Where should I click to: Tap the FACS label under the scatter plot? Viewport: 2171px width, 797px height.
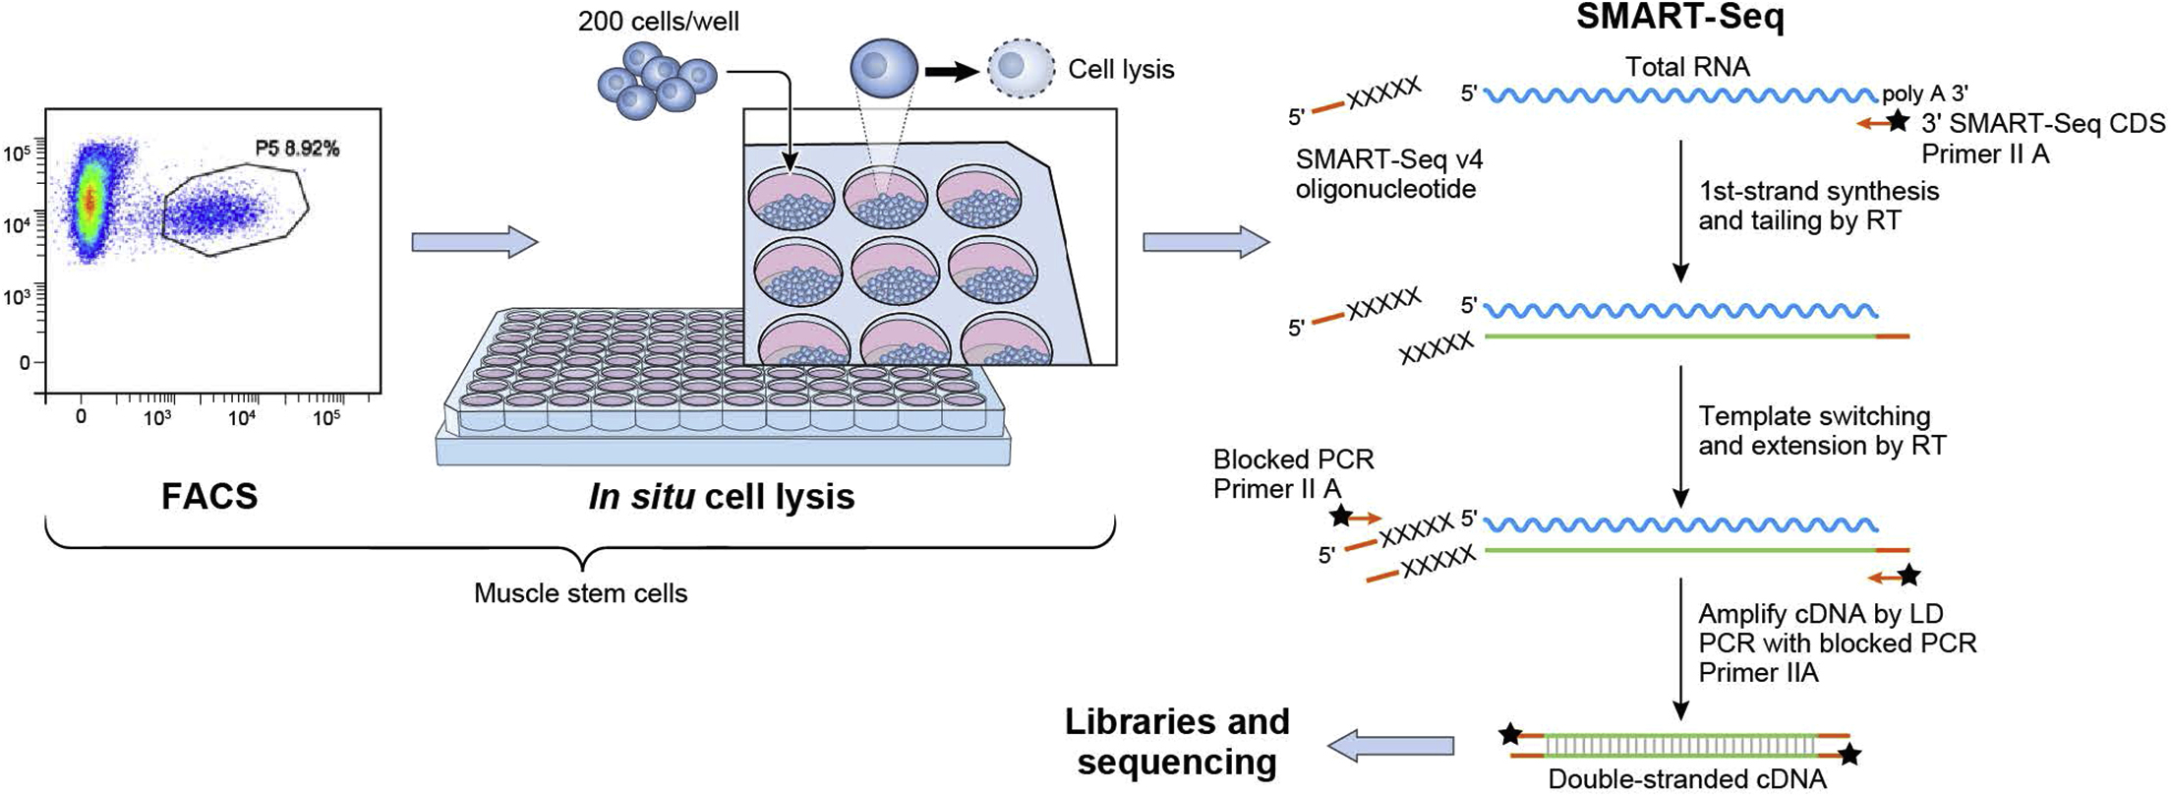pyautogui.click(x=209, y=497)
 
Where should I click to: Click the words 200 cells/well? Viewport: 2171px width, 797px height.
pyautogui.click(x=658, y=21)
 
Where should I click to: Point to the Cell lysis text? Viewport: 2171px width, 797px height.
pyautogui.click(x=1121, y=70)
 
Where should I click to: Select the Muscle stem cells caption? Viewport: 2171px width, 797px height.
pyautogui.click(x=580, y=593)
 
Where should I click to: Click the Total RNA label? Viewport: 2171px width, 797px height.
pyautogui.click(x=1687, y=67)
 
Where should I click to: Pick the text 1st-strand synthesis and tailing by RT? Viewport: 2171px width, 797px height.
pyautogui.click(x=1818, y=206)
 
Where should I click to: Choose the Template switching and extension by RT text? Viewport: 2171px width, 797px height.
pyautogui.click(x=1821, y=431)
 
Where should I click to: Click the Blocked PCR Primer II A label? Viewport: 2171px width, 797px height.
pyautogui.click(x=1293, y=473)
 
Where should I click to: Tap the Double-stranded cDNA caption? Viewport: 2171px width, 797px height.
pyautogui.click(x=1687, y=779)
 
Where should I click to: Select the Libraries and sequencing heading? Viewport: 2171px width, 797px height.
pyautogui.click(x=1177, y=741)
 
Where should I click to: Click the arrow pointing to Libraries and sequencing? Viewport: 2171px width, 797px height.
pyautogui.click(x=1390, y=746)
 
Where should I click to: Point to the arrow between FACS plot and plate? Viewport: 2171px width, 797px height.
pyautogui.click(x=475, y=242)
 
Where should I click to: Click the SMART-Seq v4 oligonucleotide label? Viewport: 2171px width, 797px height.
pyautogui.click(x=1385, y=173)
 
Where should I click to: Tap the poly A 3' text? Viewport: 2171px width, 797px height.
pyautogui.click(x=1924, y=93)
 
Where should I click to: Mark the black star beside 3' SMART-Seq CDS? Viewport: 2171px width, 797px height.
pyautogui.click(x=1899, y=122)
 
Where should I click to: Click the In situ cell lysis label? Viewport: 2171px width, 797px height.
pyautogui.click(x=722, y=497)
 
